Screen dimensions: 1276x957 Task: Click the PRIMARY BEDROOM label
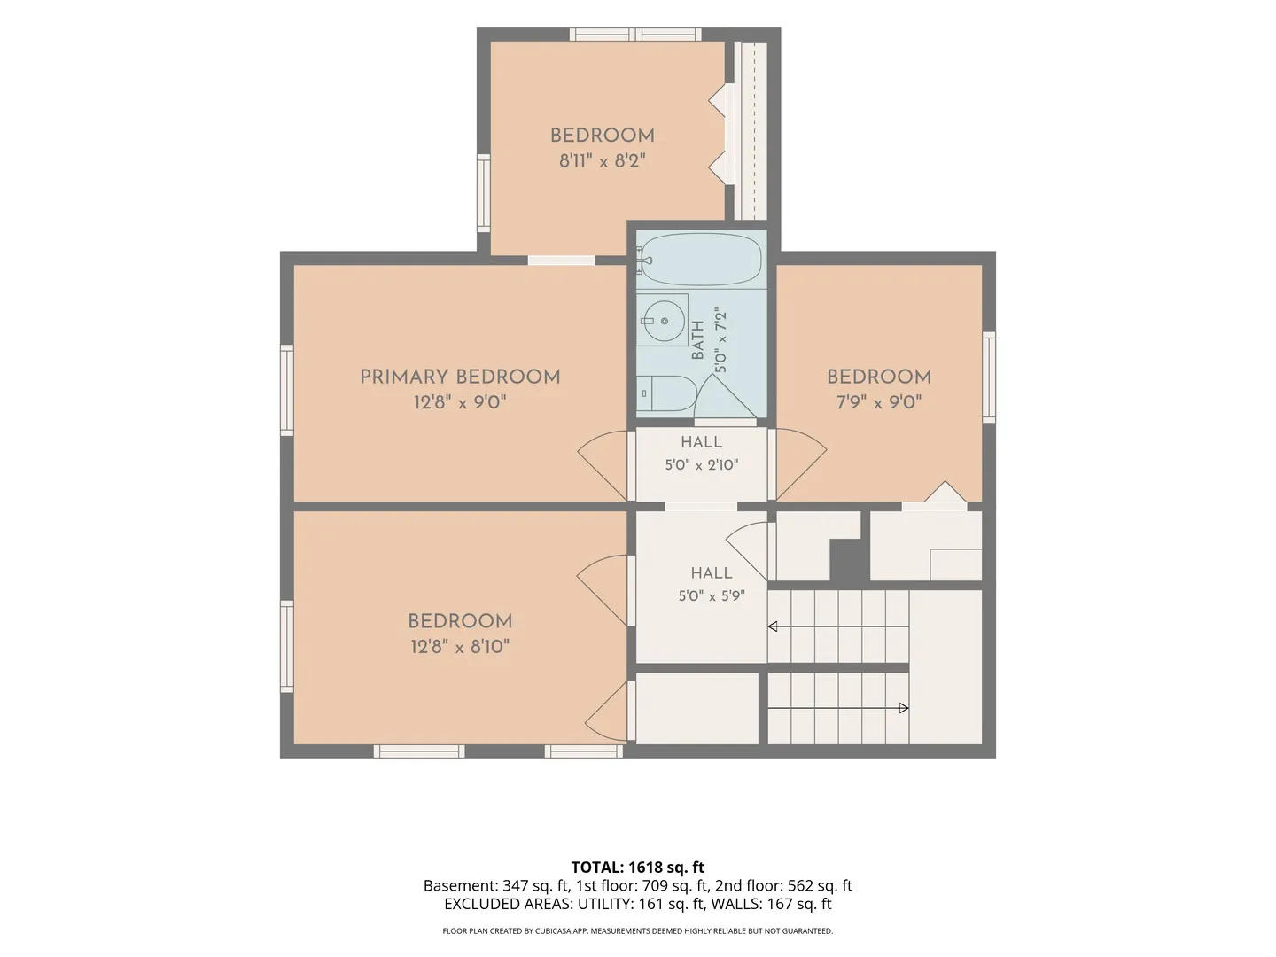coord(460,377)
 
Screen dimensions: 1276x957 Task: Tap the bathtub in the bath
coord(701,259)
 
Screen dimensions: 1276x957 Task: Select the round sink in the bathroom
coord(664,320)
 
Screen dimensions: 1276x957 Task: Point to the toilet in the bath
coord(666,393)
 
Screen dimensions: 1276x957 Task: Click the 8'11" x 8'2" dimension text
coord(603,161)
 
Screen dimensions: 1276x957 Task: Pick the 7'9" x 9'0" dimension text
coord(879,402)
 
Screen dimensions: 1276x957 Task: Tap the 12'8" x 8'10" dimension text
coord(460,647)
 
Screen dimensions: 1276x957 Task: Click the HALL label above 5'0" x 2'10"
coord(702,442)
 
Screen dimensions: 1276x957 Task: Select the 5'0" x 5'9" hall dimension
coord(712,596)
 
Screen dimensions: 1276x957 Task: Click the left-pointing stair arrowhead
coord(773,626)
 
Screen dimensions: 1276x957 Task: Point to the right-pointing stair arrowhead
coord(904,708)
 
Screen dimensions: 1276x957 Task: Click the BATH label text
coord(697,340)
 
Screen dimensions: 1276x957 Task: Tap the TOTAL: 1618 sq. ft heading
coord(638,868)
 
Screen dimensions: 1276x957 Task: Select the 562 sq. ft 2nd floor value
coord(820,886)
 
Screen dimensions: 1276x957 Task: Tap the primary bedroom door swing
coord(603,465)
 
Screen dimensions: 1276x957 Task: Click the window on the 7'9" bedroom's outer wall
coord(989,377)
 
